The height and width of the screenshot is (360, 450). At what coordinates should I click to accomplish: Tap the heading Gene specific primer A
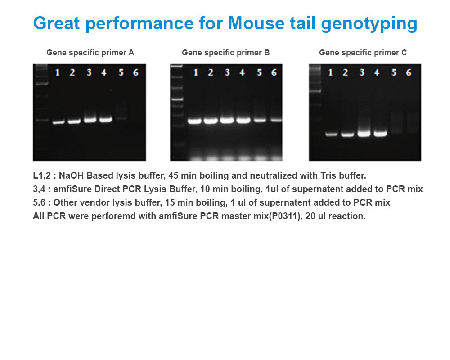90,53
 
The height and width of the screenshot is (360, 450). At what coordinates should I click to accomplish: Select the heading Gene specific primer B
225,53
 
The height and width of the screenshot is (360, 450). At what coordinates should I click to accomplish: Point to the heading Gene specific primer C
363,53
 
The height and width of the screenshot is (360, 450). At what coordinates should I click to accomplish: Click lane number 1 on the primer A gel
57,72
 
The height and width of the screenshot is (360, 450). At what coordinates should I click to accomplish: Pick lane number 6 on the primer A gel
135,72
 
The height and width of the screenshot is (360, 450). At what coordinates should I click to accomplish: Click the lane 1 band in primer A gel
58,122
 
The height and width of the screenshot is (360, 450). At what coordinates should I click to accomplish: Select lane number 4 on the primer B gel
242,72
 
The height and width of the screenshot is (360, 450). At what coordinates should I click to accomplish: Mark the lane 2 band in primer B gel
211,121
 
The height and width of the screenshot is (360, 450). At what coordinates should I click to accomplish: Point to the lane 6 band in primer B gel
275,120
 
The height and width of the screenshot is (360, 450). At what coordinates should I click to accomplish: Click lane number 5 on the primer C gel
394,72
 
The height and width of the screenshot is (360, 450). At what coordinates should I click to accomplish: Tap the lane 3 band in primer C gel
363,133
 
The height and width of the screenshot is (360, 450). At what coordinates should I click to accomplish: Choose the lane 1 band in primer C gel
332,134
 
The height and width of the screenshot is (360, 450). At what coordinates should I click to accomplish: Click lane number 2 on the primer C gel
345,72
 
